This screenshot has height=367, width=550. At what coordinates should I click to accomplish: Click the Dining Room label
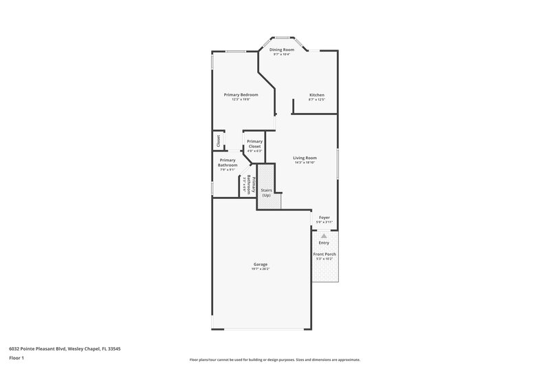(282, 50)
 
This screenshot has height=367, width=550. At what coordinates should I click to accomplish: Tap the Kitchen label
(317, 95)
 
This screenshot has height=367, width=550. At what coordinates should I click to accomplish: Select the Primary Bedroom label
(241, 94)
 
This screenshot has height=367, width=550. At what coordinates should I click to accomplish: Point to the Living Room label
(305, 158)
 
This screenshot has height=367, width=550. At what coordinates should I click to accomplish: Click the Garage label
(261, 264)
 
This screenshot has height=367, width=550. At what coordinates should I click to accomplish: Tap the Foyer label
(324, 218)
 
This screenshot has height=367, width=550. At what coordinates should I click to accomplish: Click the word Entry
(324, 242)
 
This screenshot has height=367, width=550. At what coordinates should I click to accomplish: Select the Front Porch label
(324, 255)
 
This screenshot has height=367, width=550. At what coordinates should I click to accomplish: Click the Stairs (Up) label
(266, 193)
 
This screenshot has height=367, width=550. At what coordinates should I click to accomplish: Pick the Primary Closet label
(254, 144)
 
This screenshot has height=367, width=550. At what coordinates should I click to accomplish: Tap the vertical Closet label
(219, 141)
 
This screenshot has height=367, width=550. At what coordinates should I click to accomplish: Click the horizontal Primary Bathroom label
(228, 162)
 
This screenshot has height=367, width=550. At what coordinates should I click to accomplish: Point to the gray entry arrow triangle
(324, 235)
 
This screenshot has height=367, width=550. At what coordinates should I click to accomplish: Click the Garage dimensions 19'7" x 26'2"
(261, 269)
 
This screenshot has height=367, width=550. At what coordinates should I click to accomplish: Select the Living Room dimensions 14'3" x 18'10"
(305, 162)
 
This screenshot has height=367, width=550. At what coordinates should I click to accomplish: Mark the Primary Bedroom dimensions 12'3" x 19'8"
(241, 99)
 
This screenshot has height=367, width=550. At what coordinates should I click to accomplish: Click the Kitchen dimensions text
(317, 100)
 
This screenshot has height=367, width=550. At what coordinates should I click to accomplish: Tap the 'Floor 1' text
(16, 359)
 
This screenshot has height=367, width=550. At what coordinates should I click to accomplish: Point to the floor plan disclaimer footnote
(275, 359)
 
